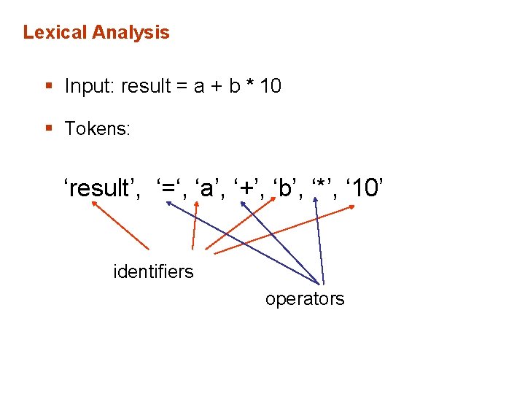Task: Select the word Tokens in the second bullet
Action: pyautogui.click(x=97, y=129)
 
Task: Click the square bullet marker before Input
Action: pyautogui.click(x=48, y=87)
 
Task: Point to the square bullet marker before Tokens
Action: pyautogui.click(x=48, y=129)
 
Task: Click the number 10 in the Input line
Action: pyautogui.click(x=270, y=86)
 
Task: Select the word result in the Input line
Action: pyautogui.click(x=145, y=86)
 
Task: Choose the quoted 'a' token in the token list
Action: pyautogui.click(x=207, y=188)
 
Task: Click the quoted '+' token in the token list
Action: pyautogui.click(x=249, y=188)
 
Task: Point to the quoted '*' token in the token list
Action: pyautogui.click(x=322, y=188)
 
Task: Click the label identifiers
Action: pyautogui.click(x=153, y=272)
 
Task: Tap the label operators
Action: pyautogui.click(x=305, y=299)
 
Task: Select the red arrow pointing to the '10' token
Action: pyautogui.click(x=284, y=230)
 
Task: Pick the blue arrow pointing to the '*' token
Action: pyautogui.click(x=319, y=241)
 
